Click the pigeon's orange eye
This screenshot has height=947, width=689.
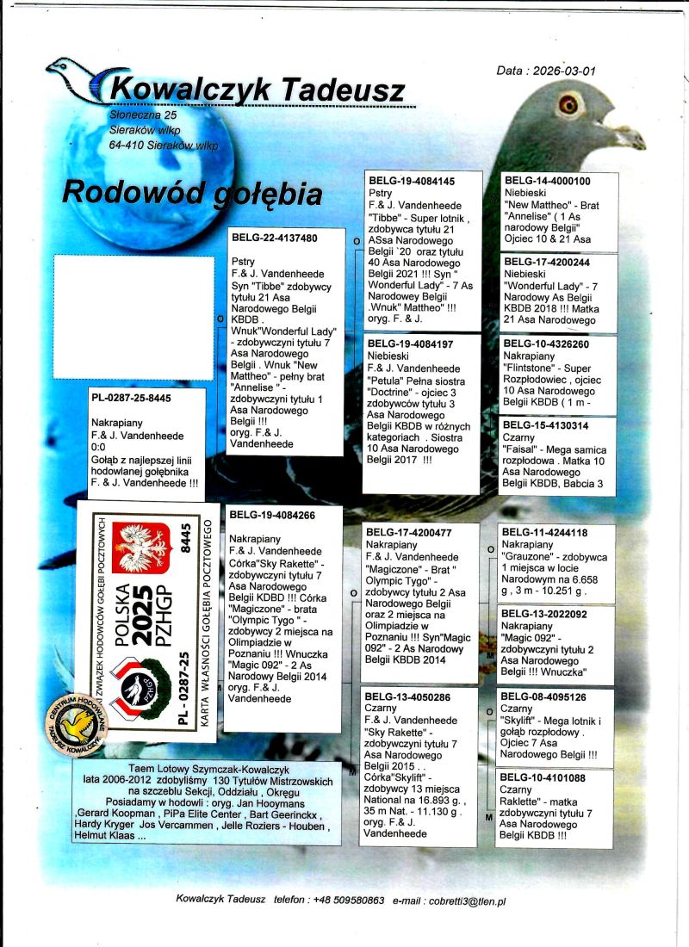tap(568, 104)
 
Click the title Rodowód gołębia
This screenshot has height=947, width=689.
tap(192, 193)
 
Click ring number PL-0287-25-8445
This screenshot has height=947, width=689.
tap(131, 399)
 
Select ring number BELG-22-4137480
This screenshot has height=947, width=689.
tap(275, 238)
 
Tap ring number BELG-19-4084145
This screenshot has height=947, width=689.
tap(412, 182)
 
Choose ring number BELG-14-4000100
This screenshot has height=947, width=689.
tap(547, 181)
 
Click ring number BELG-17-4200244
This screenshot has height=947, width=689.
tap(547, 263)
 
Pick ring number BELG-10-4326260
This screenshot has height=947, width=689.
tap(547, 344)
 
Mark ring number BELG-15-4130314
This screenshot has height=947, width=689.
tap(546, 425)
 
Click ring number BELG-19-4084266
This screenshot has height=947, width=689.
tap(272, 515)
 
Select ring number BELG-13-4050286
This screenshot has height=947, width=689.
tap(408, 696)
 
